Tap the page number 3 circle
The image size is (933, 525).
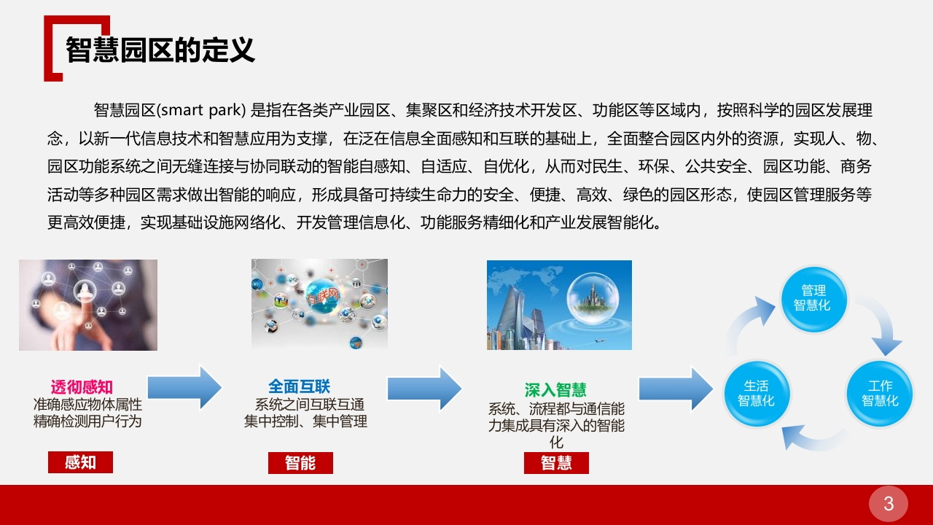[x=889, y=503]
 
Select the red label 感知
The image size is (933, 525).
[x=80, y=462]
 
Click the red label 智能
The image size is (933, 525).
[x=300, y=463]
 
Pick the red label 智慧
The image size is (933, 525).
[x=556, y=463]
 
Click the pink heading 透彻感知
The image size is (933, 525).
[x=82, y=387]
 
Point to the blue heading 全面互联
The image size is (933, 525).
[x=299, y=386]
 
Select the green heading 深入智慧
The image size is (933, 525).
[x=555, y=390]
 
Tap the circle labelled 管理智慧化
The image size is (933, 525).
[x=814, y=299]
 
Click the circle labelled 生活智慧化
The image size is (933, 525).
[x=757, y=393]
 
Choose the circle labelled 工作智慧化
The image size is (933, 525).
[x=880, y=393]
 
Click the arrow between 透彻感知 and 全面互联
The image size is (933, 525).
[x=184, y=388]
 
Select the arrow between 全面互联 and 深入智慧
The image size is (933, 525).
[x=424, y=388]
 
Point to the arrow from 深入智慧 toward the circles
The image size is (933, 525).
[x=676, y=388]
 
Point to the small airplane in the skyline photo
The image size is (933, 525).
[x=599, y=341]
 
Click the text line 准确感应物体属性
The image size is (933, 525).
[x=87, y=405]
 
